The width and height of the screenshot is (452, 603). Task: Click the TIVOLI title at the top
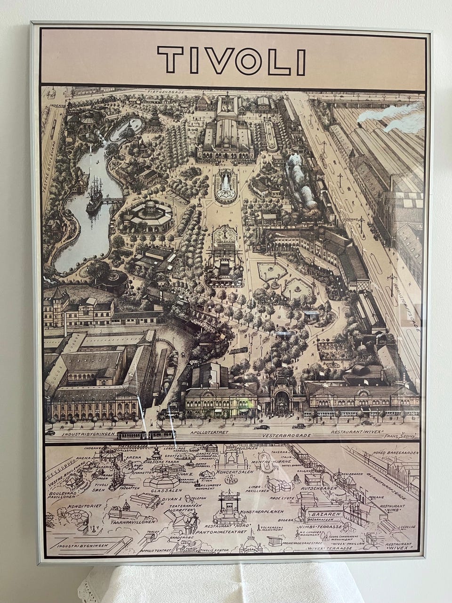tap(231, 61)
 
